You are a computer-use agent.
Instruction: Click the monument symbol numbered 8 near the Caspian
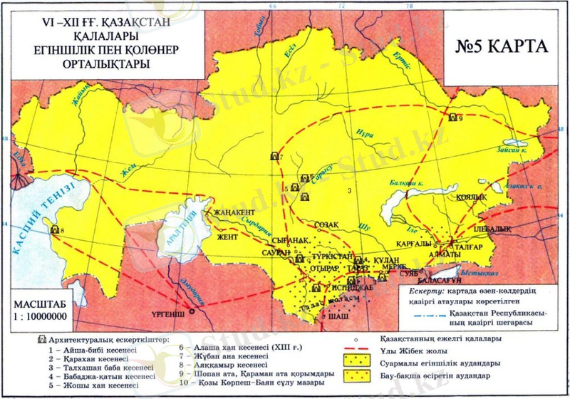(x=53, y=229)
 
